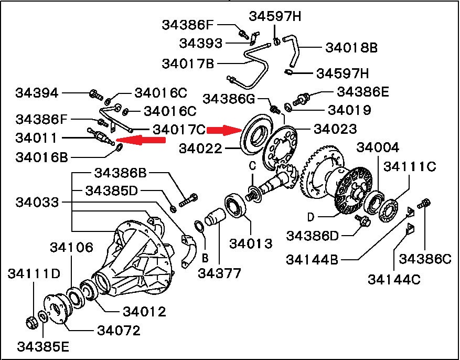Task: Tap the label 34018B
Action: click(x=351, y=48)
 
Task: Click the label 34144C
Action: click(x=394, y=279)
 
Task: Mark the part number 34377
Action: click(x=220, y=273)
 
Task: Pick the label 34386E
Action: click(x=362, y=92)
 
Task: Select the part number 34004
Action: click(x=378, y=148)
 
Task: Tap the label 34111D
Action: click(x=34, y=273)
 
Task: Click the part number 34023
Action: click(x=336, y=129)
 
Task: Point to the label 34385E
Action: click(x=43, y=347)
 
